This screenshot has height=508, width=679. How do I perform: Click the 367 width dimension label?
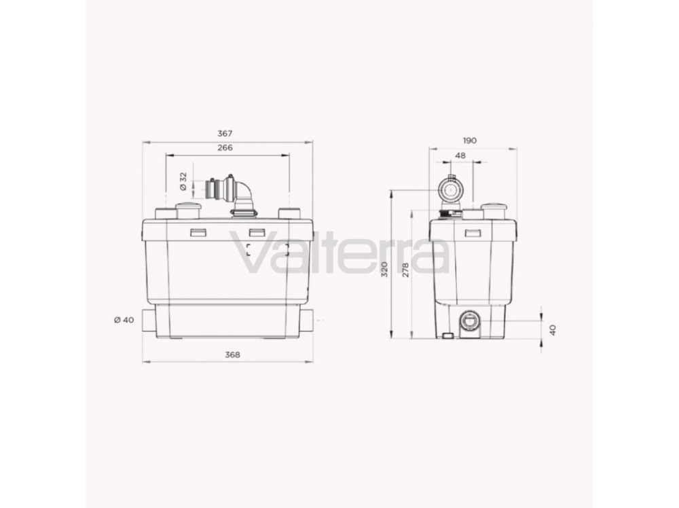pos(225,134)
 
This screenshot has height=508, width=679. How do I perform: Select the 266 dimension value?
pos(225,147)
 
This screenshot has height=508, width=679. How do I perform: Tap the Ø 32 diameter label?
pos(183,181)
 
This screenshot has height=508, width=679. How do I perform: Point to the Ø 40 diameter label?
pos(124,320)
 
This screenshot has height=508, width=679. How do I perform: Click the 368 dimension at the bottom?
pos(232,355)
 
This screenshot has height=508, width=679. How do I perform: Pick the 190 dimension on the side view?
pos(469,141)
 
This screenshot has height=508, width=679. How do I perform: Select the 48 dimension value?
pos(461,155)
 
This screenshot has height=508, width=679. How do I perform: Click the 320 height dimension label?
pos(384,270)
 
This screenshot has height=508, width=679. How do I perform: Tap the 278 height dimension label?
pos(406,270)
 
